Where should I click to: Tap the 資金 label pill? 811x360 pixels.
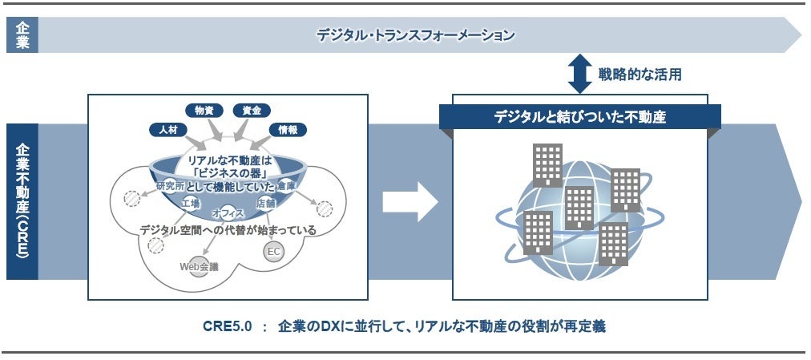[x=252, y=111]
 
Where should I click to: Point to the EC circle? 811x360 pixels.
[x=273, y=252]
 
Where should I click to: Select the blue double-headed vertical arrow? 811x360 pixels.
[x=579, y=74]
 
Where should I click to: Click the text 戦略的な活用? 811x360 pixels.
[x=640, y=75]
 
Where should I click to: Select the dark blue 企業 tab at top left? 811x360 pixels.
[x=22, y=35]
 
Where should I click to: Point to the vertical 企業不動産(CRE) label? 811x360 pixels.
[x=22, y=201]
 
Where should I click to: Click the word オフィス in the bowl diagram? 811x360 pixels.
[x=228, y=213]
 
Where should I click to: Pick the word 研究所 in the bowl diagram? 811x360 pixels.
[x=170, y=187]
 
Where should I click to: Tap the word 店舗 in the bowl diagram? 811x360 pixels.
[x=265, y=204]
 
